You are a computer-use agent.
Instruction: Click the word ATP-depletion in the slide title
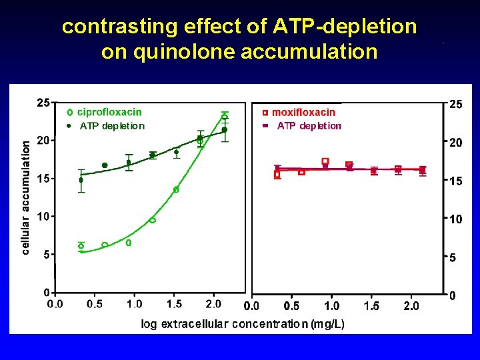(345, 27)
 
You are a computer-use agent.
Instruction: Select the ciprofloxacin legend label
(109, 112)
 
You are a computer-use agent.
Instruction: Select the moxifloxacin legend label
(303, 113)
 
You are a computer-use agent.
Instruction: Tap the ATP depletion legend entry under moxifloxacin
(309, 125)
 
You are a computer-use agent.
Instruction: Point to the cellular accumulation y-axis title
(26, 197)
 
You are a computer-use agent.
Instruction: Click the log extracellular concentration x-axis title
(243, 324)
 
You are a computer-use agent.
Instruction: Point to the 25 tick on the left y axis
(43, 103)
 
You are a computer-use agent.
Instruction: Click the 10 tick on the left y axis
(43, 216)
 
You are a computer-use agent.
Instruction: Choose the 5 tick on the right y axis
(453, 257)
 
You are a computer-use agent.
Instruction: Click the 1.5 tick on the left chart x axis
(174, 304)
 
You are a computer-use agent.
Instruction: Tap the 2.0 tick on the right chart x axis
(411, 306)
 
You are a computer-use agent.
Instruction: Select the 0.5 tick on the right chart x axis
(291, 306)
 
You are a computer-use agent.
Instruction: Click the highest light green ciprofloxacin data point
(225, 116)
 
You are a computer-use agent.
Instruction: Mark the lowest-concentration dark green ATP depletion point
(81, 180)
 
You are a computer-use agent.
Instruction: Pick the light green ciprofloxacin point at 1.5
(176, 190)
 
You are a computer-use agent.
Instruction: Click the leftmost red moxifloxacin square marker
(277, 175)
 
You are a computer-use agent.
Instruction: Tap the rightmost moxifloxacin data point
(423, 171)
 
